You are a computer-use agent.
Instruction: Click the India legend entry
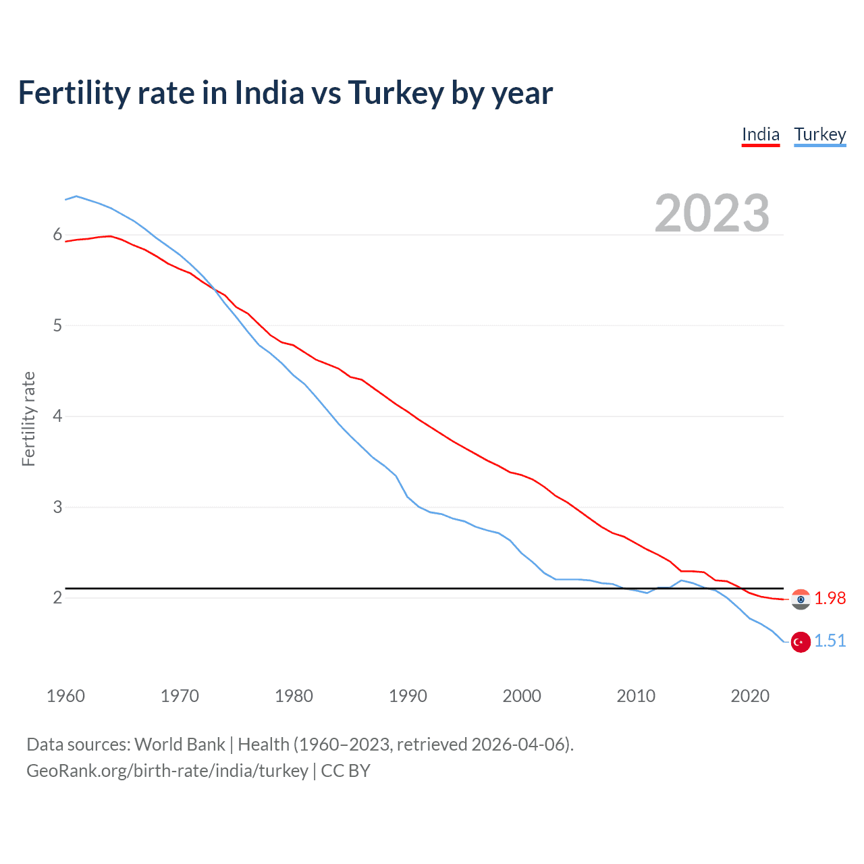761,135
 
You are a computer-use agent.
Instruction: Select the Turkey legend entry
819,135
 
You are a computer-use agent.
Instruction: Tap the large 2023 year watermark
711,213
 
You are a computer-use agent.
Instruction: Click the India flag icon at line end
801,599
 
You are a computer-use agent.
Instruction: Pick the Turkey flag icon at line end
801,642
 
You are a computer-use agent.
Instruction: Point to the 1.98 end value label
830,599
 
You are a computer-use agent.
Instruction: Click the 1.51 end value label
830,641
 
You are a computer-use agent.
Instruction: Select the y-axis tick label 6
57,235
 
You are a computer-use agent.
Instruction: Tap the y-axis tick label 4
57,416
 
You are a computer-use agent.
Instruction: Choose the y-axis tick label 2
57,598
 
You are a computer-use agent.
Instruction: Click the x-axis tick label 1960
65,696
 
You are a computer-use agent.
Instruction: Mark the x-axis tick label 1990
408,696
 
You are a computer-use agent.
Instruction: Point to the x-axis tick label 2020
750,696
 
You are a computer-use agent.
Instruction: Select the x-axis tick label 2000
522,696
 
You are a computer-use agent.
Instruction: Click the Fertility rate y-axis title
28,418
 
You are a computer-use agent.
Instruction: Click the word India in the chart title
269,93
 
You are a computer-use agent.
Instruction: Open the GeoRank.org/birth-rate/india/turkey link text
167,771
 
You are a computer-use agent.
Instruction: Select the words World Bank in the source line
180,745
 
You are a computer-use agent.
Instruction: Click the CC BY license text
346,771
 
